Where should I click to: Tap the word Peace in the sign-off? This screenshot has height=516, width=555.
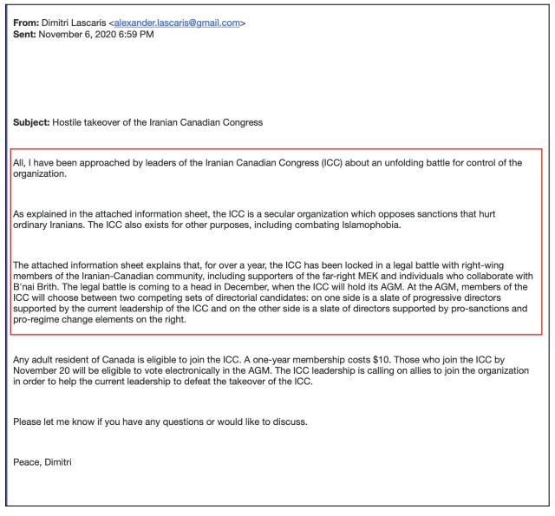click(x=27, y=461)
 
